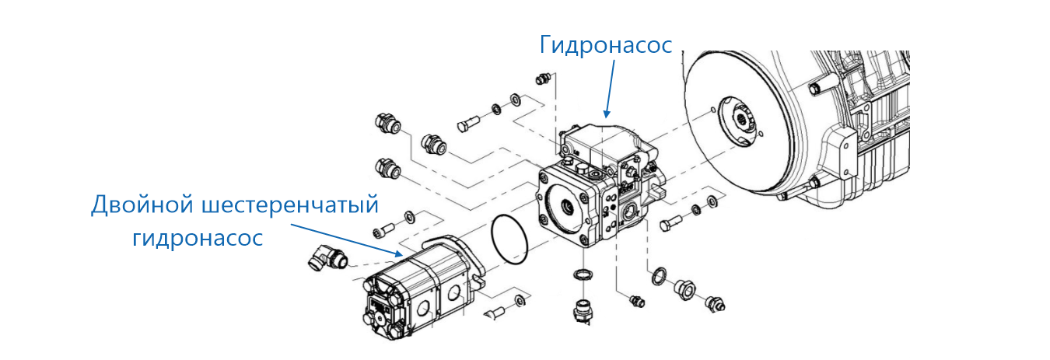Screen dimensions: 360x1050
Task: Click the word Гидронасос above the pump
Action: point(606,45)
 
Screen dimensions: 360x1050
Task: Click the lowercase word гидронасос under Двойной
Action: point(198,238)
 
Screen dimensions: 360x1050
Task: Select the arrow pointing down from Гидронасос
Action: point(609,89)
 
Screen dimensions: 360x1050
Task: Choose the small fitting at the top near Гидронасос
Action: point(544,79)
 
